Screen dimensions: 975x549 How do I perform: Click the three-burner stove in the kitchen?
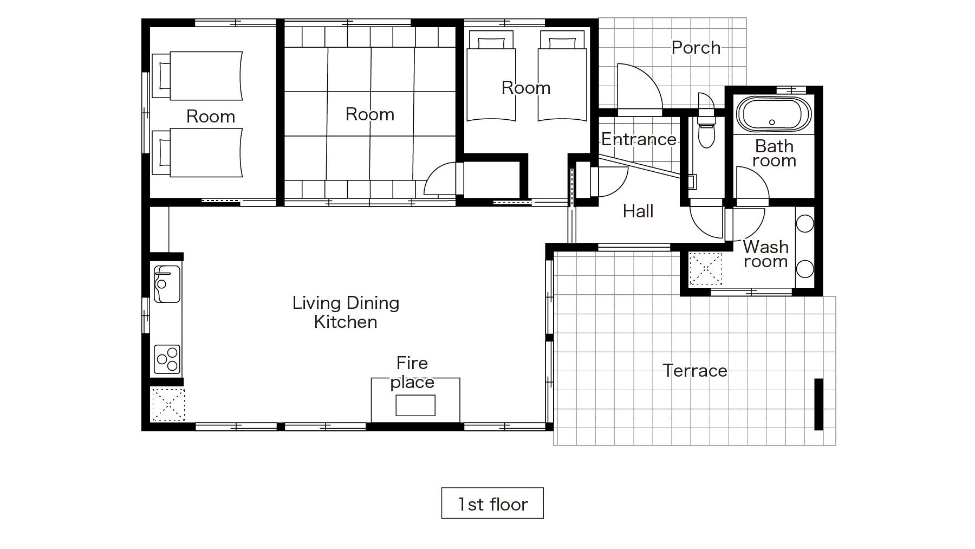click(167, 359)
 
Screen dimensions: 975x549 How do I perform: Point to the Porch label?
click(696, 48)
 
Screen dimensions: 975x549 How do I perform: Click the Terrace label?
click(695, 371)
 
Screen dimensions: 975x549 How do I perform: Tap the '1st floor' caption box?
click(492, 503)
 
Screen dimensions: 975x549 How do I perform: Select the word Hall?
click(638, 211)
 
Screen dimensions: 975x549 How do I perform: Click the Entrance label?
click(639, 140)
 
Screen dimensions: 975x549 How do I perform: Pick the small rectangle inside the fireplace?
click(415, 405)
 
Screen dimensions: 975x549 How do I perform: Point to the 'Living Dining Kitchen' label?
click(346, 312)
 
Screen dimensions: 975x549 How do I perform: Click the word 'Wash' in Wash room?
click(765, 247)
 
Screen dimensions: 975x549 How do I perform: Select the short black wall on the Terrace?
click(818, 404)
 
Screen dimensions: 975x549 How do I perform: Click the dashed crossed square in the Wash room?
click(706, 269)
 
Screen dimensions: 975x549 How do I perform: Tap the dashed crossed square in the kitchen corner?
click(168, 404)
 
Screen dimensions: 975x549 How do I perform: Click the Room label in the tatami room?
click(370, 114)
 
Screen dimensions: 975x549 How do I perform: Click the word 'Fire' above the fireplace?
click(412, 363)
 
